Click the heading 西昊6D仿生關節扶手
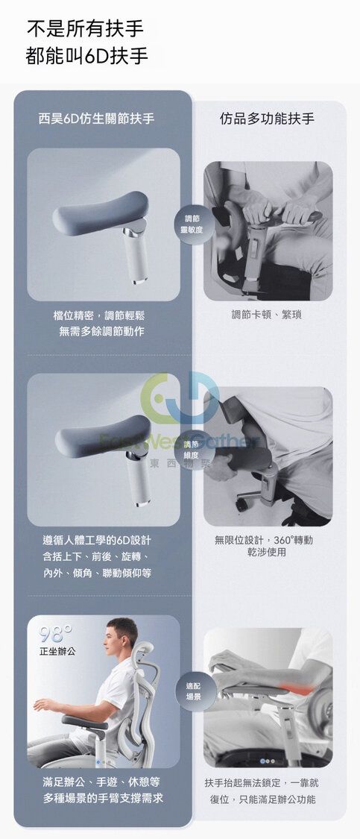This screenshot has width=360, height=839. point(96,119)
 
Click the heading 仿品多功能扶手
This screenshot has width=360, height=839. point(267,119)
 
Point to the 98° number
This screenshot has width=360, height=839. point(56,634)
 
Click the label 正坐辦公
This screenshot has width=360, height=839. point(57,653)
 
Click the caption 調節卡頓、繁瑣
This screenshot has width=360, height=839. point(266,315)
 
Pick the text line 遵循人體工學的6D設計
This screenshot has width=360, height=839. point(97,541)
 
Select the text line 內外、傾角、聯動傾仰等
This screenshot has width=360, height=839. point(97,573)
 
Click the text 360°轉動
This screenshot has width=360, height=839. point(293,540)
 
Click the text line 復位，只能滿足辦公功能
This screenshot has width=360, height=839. point(262,799)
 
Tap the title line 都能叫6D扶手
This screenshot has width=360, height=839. point(86,56)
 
